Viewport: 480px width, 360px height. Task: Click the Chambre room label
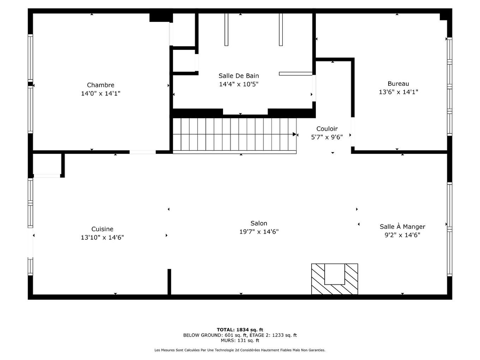tap(101, 85)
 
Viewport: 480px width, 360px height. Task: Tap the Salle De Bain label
tap(239, 76)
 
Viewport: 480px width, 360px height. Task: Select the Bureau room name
tap(398, 84)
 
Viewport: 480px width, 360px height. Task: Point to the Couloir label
tap(327, 129)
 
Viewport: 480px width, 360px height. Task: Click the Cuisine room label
tap(102, 229)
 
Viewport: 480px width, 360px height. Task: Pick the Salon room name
tap(259, 223)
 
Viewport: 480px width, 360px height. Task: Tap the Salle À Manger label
tap(402, 227)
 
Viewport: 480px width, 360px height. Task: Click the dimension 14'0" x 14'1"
tap(101, 94)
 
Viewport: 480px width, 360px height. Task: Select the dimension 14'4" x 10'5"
tap(239, 84)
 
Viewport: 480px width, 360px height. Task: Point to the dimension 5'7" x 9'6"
tap(327, 137)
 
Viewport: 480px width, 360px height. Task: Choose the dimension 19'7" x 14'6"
tap(259, 232)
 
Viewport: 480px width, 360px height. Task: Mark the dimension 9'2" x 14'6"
tap(402, 235)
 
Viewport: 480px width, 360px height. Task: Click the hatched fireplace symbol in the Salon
tap(334, 279)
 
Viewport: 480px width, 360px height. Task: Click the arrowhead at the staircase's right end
tap(295, 134)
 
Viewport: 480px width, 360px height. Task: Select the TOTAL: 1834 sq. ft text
tap(240, 330)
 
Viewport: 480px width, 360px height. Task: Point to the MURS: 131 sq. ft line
tap(240, 341)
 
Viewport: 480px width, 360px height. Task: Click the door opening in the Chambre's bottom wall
tap(143, 152)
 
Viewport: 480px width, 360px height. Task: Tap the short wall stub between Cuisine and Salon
tap(169, 281)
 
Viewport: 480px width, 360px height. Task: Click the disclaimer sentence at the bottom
tap(240, 350)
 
